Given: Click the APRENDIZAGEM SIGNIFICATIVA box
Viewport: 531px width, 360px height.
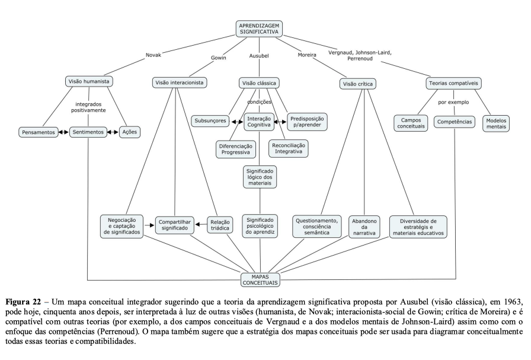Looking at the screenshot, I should point(259,29).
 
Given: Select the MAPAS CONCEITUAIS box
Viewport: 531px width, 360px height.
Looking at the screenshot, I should point(261,278).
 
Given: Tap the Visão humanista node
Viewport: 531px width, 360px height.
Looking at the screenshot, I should point(88,81).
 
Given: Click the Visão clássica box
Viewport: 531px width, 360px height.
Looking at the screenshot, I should point(259,83).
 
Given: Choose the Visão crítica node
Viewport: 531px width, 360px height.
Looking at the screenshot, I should point(359,84).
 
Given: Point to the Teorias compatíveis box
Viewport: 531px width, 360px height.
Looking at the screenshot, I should point(453,83).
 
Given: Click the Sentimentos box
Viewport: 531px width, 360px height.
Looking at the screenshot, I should point(88,132).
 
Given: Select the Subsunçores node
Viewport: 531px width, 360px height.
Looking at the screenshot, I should point(210,120).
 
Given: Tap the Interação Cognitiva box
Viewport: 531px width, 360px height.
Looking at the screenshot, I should point(259,122).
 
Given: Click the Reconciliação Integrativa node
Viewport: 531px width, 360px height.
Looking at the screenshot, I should point(289,148).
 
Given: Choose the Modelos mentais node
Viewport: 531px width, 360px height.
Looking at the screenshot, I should point(497,123).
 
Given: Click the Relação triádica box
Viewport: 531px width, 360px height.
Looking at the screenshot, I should point(220,224).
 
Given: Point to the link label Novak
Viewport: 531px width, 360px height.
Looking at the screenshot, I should point(153,55).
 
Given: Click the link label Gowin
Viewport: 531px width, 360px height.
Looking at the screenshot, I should point(219,58).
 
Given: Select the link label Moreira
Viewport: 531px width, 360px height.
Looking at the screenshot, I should point(307,55).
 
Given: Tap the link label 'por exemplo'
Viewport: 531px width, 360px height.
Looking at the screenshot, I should point(453,102).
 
